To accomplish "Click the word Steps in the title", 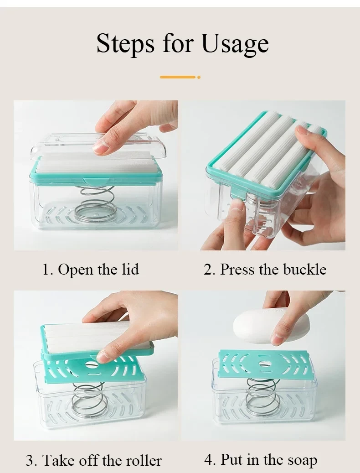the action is click(x=125, y=43).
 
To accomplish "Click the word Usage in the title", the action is click(x=235, y=43).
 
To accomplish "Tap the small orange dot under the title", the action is click(x=199, y=77).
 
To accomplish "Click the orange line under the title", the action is click(x=178, y=77).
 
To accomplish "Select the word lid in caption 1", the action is click(x=130, y=269).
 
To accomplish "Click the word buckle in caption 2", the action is click(x=305, y=269).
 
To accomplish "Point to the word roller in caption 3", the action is click(x=144, y=460).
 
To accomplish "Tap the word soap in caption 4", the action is click(x=303, y=460).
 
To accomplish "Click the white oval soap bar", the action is click(x=262, y=327).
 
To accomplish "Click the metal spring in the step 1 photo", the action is click(x=95, y=203).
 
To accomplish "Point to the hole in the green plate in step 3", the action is click(x=91, y=364).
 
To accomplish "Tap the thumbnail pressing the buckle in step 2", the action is click(x=238, y=206).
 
